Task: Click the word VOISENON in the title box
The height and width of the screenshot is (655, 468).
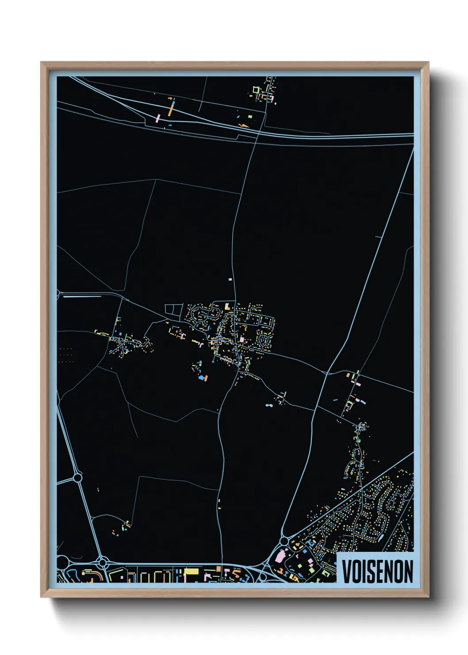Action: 377,571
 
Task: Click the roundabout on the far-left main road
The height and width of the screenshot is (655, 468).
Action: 78,478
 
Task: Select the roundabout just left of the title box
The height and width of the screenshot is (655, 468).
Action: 284,541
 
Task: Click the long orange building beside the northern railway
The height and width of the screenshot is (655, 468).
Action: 171,109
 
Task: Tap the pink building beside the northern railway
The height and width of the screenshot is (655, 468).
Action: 157,119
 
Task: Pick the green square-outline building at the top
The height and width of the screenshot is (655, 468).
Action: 256,90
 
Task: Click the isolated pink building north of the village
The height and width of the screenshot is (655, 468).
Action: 230,280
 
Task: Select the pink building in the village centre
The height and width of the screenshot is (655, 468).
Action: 242,339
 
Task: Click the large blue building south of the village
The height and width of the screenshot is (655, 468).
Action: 203,378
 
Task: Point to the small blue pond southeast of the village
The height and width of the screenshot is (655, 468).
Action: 269,405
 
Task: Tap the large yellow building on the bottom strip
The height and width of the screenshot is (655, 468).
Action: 192,571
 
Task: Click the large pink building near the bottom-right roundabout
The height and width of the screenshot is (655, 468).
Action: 280,556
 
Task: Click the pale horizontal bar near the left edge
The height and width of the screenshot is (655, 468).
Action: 82,297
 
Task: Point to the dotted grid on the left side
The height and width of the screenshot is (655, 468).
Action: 65,355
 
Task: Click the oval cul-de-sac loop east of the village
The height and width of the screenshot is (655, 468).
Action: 265,340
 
